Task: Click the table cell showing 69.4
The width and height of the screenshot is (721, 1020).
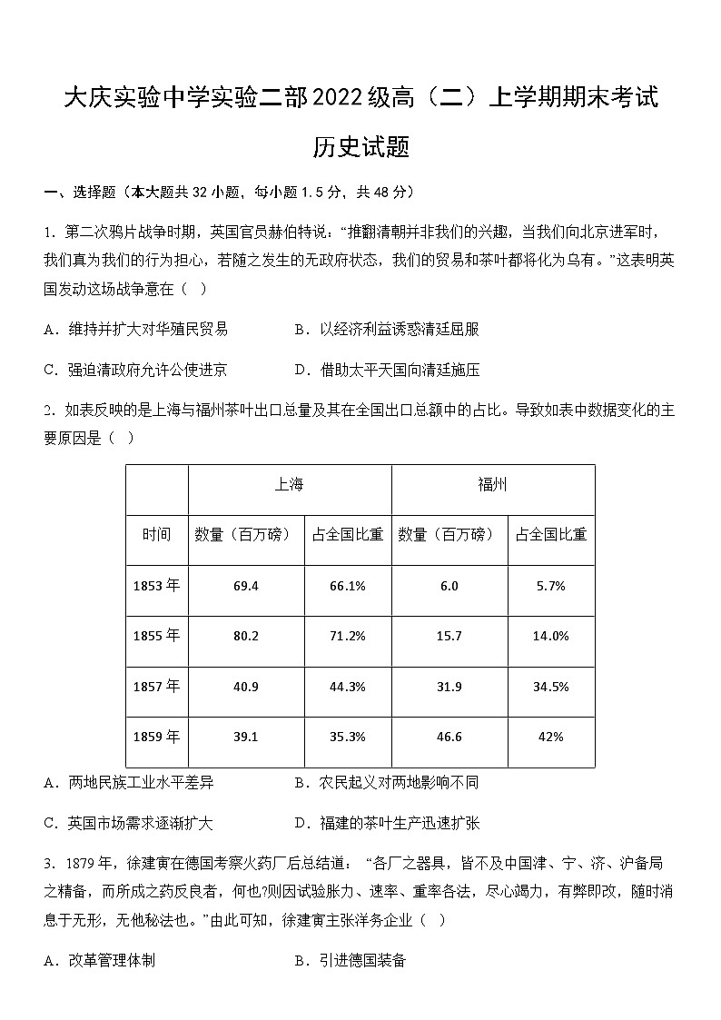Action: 245,586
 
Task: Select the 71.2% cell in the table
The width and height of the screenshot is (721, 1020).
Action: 348,636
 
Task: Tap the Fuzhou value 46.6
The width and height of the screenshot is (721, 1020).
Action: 449,737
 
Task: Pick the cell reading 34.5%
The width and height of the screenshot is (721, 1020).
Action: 550,687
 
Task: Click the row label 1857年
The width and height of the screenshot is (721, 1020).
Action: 156,687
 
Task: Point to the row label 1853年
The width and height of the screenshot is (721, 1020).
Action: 156,586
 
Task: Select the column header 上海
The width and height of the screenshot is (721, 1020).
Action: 289,485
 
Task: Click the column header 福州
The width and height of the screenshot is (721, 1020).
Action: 492,485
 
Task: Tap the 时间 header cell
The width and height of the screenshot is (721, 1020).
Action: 156,535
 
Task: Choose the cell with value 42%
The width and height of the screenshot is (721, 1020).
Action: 550,737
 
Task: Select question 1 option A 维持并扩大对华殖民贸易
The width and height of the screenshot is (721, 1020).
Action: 135,329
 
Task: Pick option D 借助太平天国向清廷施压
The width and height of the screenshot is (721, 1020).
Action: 387,370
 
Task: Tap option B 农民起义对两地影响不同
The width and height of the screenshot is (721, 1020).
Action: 387,782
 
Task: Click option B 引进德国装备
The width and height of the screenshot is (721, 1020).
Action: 351,960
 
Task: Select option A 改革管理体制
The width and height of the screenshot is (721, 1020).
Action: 99,960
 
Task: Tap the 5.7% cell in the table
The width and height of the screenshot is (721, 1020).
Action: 550,586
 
